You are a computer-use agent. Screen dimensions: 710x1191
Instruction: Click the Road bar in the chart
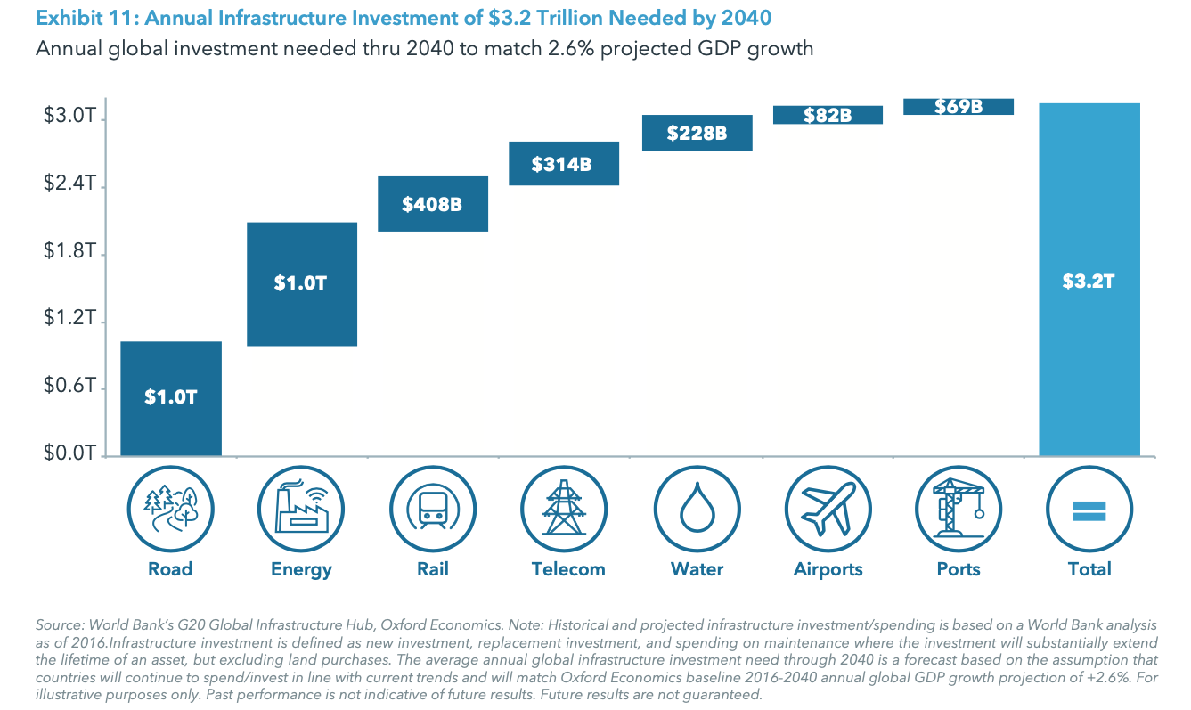click(x=170, y=398)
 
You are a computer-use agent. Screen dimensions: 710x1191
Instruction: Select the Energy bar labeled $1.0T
click(x=301, y=283)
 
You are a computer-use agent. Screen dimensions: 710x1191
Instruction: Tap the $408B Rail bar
click(x=432, y=204)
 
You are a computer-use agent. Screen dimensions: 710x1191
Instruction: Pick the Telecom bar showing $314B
click(x=563, y=164)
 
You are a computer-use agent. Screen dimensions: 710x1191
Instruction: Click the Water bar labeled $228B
click(x=697, y=133)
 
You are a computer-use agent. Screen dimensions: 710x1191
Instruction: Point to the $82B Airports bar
click(x=828, y=115)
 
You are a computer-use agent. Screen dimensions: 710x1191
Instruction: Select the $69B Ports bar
click(x=959, y=107)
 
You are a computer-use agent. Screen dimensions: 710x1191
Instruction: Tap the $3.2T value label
click(x=1089, y=282)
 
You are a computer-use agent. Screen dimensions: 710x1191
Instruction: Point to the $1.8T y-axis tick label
click(x=69, y=252)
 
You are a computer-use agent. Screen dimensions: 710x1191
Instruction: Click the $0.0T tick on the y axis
click(x=69, y=454)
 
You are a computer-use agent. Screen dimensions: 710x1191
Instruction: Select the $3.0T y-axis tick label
click(x=69, y=117)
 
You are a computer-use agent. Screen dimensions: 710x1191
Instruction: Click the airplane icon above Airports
click(x=828, y=510)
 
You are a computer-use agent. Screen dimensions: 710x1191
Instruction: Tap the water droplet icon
click(x=697, y=510)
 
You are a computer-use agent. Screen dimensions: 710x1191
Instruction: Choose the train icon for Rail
click(x=432, y=510)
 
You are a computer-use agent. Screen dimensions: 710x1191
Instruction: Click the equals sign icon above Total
click(x=1089, y=510)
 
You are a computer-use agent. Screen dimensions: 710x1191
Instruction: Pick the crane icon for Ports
click(x=959, y=510)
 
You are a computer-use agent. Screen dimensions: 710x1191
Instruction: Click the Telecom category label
click(x=567, y=569)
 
